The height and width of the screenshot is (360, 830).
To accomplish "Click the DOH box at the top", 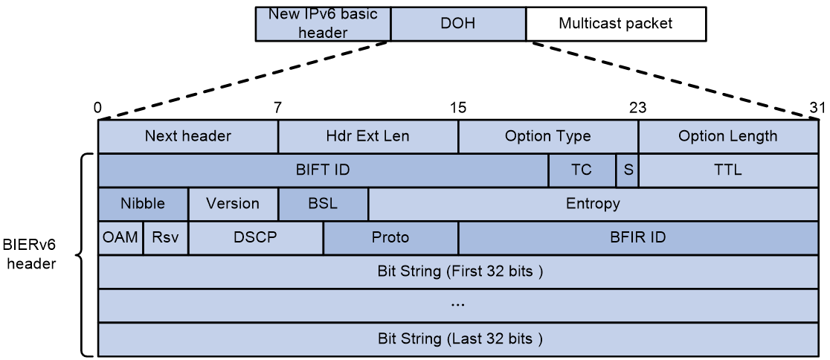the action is coord(458,24).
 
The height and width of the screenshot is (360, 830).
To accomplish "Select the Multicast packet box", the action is coord(616,24).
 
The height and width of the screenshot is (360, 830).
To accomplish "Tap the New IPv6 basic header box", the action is coord(323,24).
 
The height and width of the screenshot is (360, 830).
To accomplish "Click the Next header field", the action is coord(188,137).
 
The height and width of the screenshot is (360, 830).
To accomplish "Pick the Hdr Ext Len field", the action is coord(368,137).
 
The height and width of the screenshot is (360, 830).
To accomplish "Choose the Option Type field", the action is coord(548,137).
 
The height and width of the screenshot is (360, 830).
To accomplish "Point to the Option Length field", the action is coord(728,137).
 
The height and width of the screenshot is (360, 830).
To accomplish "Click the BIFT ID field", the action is coord(323,170).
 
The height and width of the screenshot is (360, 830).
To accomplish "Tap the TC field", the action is coord(582,170).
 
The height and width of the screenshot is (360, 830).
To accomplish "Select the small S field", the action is coord(627,170).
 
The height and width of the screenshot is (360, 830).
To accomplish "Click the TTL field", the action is coord(728,170).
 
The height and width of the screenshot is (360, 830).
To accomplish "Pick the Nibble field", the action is coord(143,204).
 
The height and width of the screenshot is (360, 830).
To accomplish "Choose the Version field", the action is coord(233,204).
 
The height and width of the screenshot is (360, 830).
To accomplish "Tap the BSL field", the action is coord(323,204).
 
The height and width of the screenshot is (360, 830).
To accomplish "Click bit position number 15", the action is coord(458,108).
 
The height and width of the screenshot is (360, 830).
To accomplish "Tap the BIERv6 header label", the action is coord(29,254).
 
